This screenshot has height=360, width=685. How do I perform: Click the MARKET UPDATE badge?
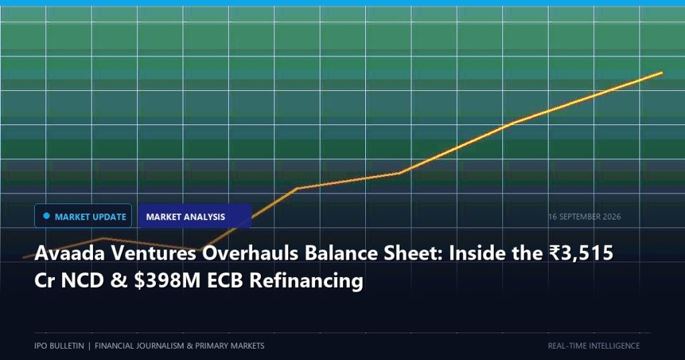pyautogui.click(x=83, y=216)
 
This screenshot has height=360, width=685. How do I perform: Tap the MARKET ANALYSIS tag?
pyautogui.click(x=195, y=216)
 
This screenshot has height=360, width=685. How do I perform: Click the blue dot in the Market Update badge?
pyautogui.click(x=47, y=216)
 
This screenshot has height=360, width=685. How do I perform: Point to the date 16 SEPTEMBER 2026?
pyautogui.click(x=585, y=217)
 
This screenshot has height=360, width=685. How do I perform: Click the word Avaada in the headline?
pyautogui.click(x=70, y=253)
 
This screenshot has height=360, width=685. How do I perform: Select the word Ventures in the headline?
pyautogui.click(x=153, y=253)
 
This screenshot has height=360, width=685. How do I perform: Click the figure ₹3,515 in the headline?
pyautogui.click(x=581, y=253)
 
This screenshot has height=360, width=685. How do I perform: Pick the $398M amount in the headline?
pyautogui.click(x=167, y=280)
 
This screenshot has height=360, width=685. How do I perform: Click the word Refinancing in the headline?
pyautogui.click(x=306, y=281)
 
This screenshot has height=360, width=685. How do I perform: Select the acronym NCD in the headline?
pyautogui.click(x=83, y=280)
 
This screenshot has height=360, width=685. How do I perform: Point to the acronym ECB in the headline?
pyautogui.click(x=225, y=280)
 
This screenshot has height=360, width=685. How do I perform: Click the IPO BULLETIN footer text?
pyautogui.click(x=59, y=345)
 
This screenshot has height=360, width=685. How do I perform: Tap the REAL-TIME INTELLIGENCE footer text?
pyautogui.click(x=594, y=345)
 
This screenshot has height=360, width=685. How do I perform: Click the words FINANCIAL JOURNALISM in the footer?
pyautogui.click(x=139, y=345)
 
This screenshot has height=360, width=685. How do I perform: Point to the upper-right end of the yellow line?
pyautogui.click(x=662, y=73)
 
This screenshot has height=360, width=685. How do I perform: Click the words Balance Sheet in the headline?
pyautogui.click(x=374, y=253)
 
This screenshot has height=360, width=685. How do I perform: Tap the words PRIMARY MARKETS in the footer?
pyautogui.click(x=230, y=345)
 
